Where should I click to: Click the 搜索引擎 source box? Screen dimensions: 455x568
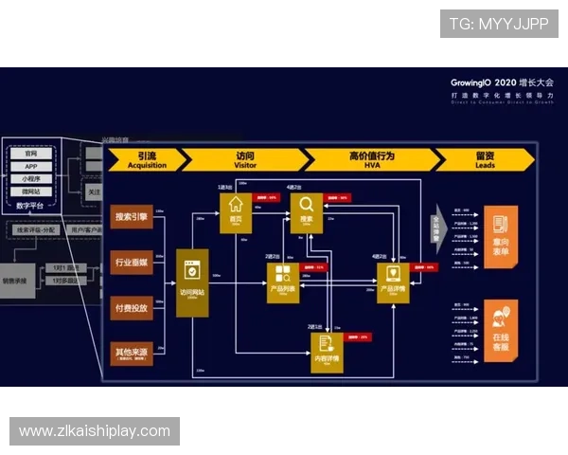coord(131,217)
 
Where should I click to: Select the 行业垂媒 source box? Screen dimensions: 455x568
coord(131,262)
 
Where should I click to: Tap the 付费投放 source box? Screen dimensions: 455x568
coord(131,307)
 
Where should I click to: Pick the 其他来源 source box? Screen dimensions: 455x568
coord(131,352)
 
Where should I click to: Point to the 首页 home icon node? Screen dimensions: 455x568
coord(236,207)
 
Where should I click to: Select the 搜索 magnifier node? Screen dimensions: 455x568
coord(306,207)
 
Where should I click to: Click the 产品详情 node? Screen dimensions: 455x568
coord(393,282)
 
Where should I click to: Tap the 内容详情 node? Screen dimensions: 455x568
coord(327,347)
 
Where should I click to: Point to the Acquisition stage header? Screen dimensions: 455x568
coord(145,159)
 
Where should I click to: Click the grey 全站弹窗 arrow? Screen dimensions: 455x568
coord(438,230)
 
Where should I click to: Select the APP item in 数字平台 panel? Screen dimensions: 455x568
coord(31,166)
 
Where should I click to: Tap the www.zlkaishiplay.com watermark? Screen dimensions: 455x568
coord(95,431)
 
